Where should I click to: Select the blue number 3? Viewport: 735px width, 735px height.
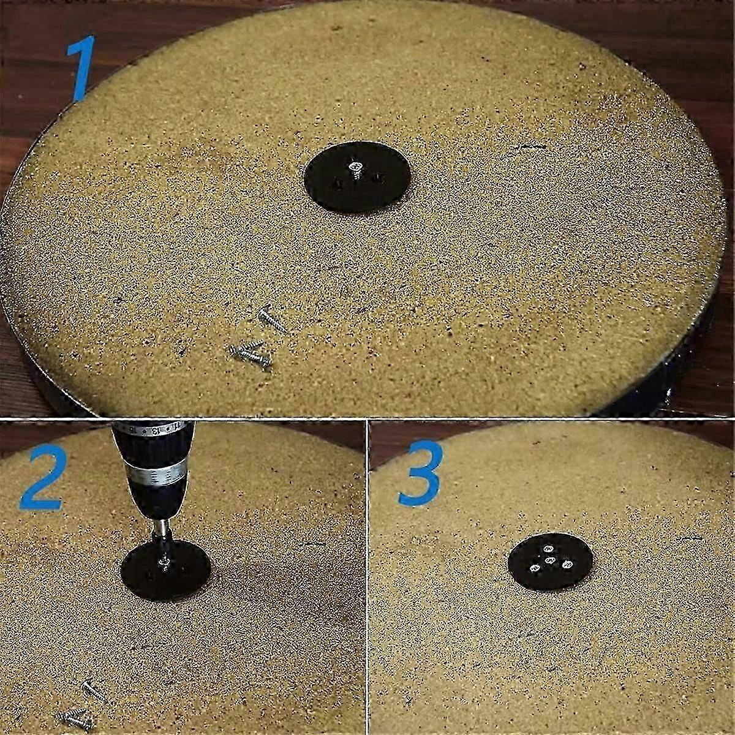click(x=421, y=474)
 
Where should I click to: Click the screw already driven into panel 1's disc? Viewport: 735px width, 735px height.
click(x=355, y=169)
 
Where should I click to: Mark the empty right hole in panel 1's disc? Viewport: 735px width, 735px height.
click(x=379, y=178)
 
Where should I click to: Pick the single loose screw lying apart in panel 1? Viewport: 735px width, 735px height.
click(x=273, y=319)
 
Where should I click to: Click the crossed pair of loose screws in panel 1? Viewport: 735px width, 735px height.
click(x=252, y=354)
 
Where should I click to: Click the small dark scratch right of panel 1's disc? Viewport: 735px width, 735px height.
click(x=530, y=146)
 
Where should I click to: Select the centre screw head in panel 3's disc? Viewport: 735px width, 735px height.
click(x=550, y=560)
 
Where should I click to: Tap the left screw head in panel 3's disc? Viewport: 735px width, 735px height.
click(x=535, y=568)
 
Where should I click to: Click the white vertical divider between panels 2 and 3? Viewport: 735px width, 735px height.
click(x=367, y=578)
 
